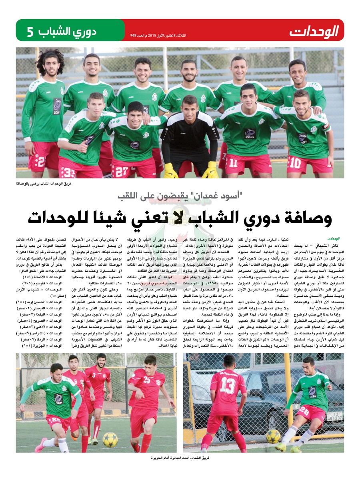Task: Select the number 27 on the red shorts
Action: tap(122, 171)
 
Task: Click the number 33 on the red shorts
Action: tap(68, 172)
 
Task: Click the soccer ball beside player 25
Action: tap(110, 439)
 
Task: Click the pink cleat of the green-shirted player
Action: tap(41, 444)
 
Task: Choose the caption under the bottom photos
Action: tap(180, 457)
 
